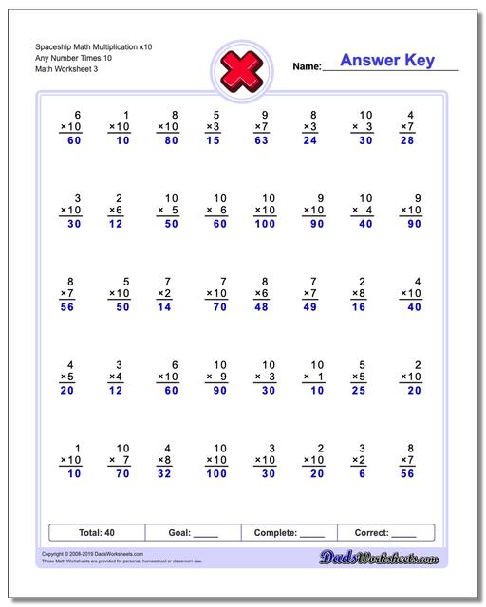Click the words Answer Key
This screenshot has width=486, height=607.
point(387,61)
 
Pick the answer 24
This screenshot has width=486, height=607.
point(309,141)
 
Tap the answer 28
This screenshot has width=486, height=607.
point(407,141)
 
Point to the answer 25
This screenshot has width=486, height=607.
point(359,391)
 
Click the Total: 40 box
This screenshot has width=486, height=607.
point(96,532)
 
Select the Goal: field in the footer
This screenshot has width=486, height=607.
point(193,532)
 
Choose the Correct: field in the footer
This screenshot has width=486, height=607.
point(384,532)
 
